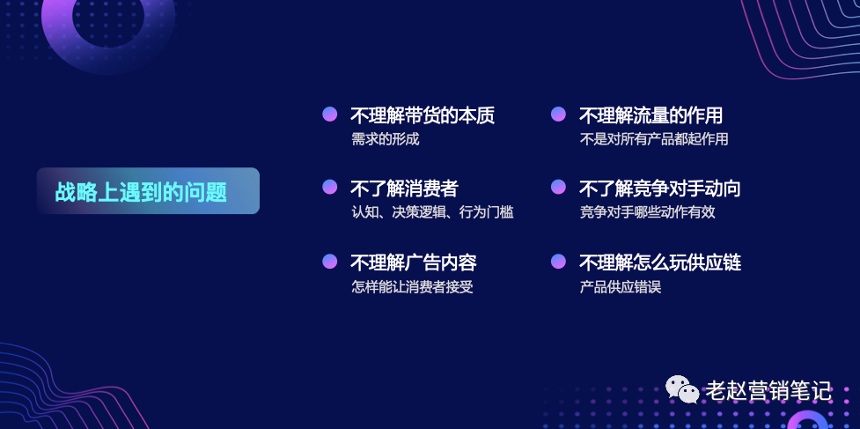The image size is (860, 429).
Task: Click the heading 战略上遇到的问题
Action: pyautogui.click(x=141, y=192)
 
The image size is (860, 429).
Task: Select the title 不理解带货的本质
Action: pyautogui.click(x=423, y=115)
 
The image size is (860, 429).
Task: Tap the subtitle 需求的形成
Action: pyautogui.click(x=385, y=139)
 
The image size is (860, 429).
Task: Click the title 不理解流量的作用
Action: pyautogui.click(x=651, y=115)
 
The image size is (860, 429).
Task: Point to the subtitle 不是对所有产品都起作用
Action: pyautogui.click(x=654, y=139)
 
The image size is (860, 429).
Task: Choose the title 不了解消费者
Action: pyautogui.click(x=404, y=189)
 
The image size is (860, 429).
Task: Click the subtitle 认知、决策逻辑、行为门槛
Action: pyautogui.click(x=433, y=212)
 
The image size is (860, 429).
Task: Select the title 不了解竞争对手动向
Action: pyautogui.click(x=660, y=189)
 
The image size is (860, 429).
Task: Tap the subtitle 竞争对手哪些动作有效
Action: pyautogui.click(x=648, y=212)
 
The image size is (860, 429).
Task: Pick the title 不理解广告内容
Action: pyautogui.click(x=414, y=263)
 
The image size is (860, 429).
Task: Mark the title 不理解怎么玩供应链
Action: pyautogui.click(x=660, y=263)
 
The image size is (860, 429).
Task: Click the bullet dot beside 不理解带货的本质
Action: pyautogui.click(x=329, y=114)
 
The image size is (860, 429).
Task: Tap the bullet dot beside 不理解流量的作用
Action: pyautogui.click(x=558, y=114)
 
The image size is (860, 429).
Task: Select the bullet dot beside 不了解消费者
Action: pyautogui.click(x=329, y=187)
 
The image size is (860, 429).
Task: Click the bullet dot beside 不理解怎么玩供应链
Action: pyautogui.click(x=558, y=261)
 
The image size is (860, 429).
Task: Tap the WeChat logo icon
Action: pyautogui.click(x=682, y=389)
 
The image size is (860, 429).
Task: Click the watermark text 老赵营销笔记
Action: pyautogui.click(x=768, y=391)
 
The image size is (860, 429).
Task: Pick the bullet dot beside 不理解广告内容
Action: pyautogui.click(x=329, y=261)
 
